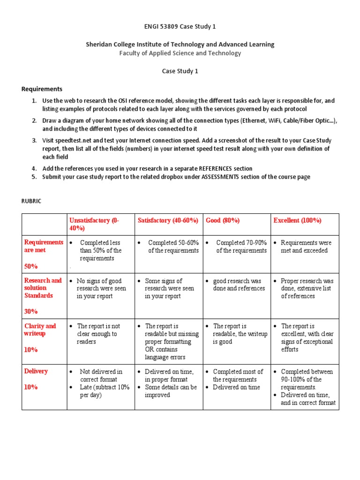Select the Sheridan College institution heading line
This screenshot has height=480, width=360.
(180, 44)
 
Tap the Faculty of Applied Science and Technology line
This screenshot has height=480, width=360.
(180, 53)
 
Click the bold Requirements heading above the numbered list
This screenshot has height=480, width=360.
(42, 89)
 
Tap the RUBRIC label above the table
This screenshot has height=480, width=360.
(32, 201)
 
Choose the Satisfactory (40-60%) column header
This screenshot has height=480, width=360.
(168, 220)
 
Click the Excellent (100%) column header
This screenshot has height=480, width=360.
(297, 220)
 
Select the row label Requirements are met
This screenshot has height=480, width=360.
(43, 246)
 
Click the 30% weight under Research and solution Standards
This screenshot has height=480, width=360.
(31, 311)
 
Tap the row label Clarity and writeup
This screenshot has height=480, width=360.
(40, 330)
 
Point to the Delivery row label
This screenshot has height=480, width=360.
(36, 371)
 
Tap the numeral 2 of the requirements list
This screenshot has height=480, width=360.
(34, 120)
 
